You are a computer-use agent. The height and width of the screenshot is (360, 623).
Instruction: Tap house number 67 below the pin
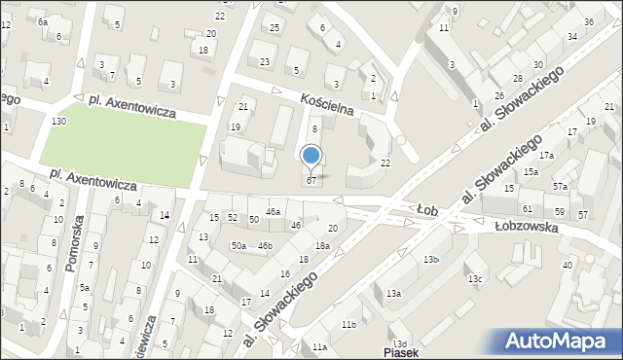click(x=311, y=180)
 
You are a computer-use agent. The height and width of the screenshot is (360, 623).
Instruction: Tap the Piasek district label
click(x=401, y=352)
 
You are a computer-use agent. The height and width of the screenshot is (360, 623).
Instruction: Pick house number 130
click(x=59, y=121)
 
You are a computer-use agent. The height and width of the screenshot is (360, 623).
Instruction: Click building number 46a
click(x=274, y=211)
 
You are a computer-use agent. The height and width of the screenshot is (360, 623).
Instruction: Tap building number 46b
click(x=265, y=246)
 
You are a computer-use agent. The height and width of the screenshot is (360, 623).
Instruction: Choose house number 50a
click(x=238, y=246)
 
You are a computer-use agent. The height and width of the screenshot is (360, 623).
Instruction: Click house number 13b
click(x=430, y=259)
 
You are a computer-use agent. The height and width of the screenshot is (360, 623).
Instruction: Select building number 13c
click(x=474, y=279)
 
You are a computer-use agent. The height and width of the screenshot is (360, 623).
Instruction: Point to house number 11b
click(x=348, y=324)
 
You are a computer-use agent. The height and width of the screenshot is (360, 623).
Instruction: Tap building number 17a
click(x=547, y=155)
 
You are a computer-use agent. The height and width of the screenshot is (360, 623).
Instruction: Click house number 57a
click(x=561, y=186)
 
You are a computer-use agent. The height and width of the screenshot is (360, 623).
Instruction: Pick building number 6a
click(x=42, y=20)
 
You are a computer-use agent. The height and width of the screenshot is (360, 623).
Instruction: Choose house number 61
click(x=527, y=209)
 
